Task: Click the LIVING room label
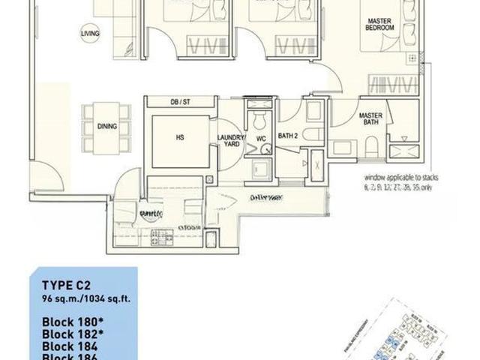pyautogui.click(x=90, y=32)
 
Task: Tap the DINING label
pyautogui.click(x=107, y=127)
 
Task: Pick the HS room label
pyautogui.click(x=179, y=138)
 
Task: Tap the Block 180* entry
pyautogui.click(x=70, y=316)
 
